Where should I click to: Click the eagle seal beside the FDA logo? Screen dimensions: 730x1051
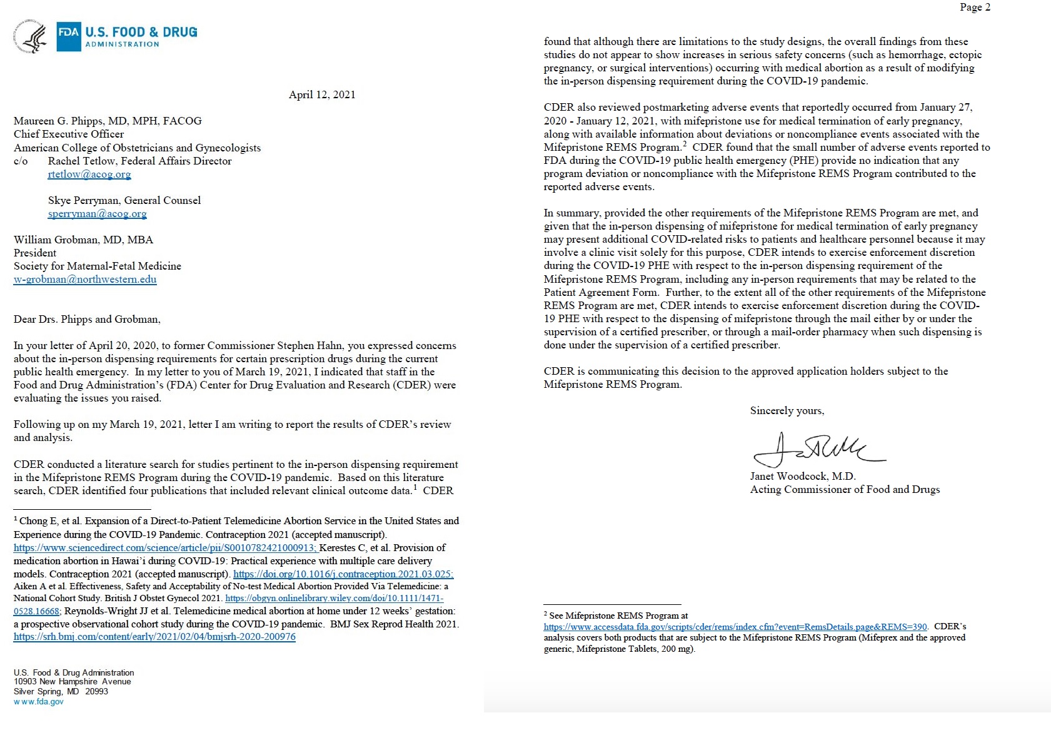point(30,37)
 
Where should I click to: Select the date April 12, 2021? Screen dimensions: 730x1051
point(322,94)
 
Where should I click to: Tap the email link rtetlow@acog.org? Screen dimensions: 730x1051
point(89,175)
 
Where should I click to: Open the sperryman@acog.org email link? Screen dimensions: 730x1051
point(97,214)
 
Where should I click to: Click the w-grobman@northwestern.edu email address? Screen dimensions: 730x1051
point(85,280)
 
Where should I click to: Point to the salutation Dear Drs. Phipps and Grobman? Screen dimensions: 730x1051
point(87,319)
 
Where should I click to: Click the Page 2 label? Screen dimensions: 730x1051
point(975,8)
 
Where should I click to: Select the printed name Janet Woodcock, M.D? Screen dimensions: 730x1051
point(802,476)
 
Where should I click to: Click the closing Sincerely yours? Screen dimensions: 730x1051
point(787,410)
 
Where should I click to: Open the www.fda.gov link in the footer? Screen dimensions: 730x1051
point(39,702)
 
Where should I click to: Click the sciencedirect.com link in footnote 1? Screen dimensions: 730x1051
point(166,548)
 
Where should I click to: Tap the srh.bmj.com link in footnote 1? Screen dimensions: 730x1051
point(154,637)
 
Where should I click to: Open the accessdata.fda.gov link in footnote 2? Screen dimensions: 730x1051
point(735,627)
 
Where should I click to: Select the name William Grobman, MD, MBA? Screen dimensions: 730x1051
point(83,240)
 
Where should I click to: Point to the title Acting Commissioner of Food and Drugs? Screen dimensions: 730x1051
point(845,489)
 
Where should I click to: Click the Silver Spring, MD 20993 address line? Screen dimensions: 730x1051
point(61,691)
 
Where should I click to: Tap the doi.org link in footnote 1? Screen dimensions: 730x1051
point(343,574)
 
